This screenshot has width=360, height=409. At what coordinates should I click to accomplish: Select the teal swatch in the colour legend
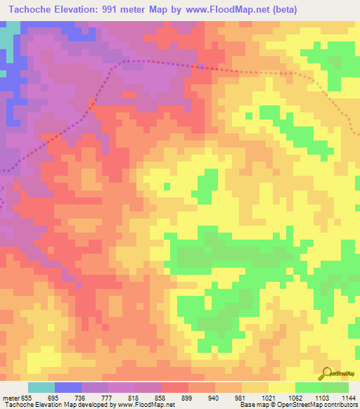[x=41, y=387]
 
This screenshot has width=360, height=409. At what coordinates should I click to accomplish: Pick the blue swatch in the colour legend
[x=68, y=387]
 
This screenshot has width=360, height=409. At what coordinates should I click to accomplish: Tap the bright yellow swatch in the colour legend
[x=281, y=387]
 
